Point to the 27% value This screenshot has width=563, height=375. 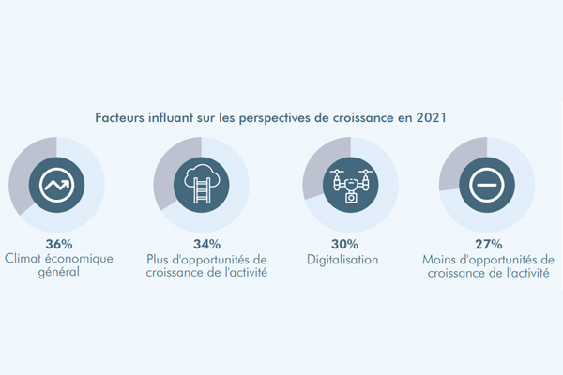point(489,244)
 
